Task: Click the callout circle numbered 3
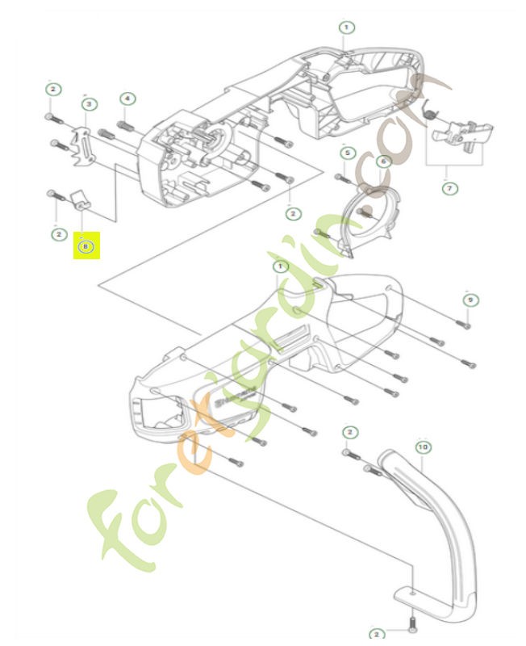(89, 103)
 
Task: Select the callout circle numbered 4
(127, 99)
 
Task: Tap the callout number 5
(347, 153)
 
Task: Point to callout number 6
(383, 161)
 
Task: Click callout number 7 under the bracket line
(449, 188)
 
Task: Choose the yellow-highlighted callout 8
(86, 246)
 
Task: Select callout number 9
(470, 299)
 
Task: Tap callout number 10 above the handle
(423, 446)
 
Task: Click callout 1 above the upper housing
(346, 27)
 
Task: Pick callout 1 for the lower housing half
(279, 266)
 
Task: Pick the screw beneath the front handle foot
(411, 623)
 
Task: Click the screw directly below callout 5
(344, 178)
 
